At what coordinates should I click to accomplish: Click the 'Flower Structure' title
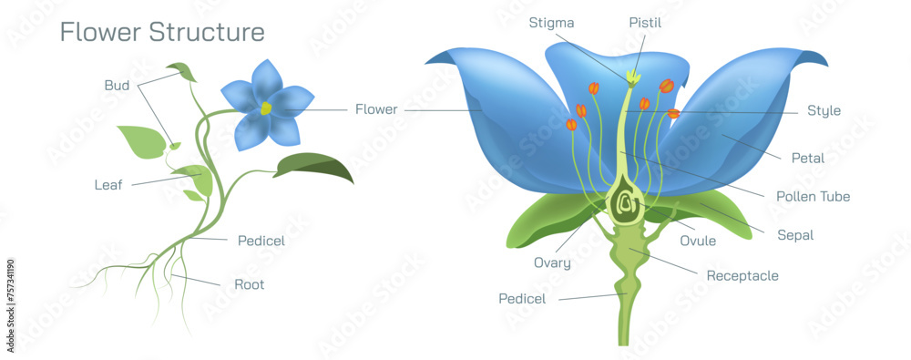click(x=162, y=32)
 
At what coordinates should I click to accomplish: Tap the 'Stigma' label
click(x=552, y=23)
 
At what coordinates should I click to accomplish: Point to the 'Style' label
click(x=824, y=111)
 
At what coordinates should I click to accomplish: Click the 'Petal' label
click(x=807, y=158)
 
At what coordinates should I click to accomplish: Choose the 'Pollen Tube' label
click(x=813, y=196)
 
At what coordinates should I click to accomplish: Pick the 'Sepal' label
click(x=795, y=234)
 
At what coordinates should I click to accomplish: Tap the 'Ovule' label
click(x=698, y=242)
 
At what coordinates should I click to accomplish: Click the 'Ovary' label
click(x=552, y=263)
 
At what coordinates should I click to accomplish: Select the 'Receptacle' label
click(x=742, y=275)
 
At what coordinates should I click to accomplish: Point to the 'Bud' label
click(x=117, y=86)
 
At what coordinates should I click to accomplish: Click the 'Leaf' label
click(x=108, y=185)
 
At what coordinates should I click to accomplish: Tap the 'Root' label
click(x=250, y=284)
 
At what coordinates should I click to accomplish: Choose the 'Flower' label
click(x=376, y=109)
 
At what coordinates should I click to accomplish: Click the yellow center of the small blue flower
click(x=267, y=108)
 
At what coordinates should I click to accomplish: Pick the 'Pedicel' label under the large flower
click(x=523, y=298)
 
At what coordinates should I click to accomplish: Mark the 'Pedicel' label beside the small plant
click(x=261, y=241)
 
